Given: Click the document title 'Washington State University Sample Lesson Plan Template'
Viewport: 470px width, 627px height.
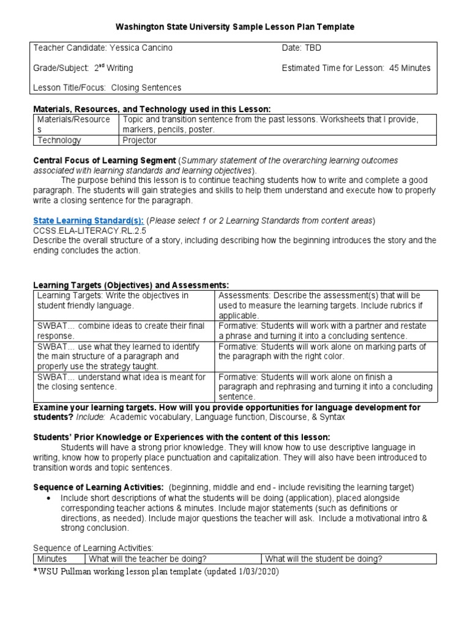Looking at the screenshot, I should tap(235, 28).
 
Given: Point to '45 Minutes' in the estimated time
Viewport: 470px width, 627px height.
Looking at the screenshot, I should tap(409, 68).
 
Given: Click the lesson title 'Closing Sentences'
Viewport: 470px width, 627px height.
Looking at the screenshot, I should tap(146, 88).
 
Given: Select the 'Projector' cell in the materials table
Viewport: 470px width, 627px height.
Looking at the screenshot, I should tap(140, 140).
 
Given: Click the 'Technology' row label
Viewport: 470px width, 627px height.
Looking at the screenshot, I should tap(59, 140).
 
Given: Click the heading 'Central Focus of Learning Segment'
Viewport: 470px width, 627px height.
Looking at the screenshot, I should tap(105, 160).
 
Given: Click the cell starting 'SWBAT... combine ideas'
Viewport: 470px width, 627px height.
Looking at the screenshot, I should tap(122, 331).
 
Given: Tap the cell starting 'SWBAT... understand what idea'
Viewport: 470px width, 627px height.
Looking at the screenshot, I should tap(122, 382).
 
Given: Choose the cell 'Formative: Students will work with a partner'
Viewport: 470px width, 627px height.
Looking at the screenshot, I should tap(325, 331).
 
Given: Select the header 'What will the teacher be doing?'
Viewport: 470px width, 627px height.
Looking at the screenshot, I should tap(147, 559).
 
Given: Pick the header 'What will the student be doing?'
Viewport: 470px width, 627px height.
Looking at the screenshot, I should tap(324, 559).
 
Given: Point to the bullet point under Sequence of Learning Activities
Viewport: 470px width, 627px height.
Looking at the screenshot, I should tap(48, 498).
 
